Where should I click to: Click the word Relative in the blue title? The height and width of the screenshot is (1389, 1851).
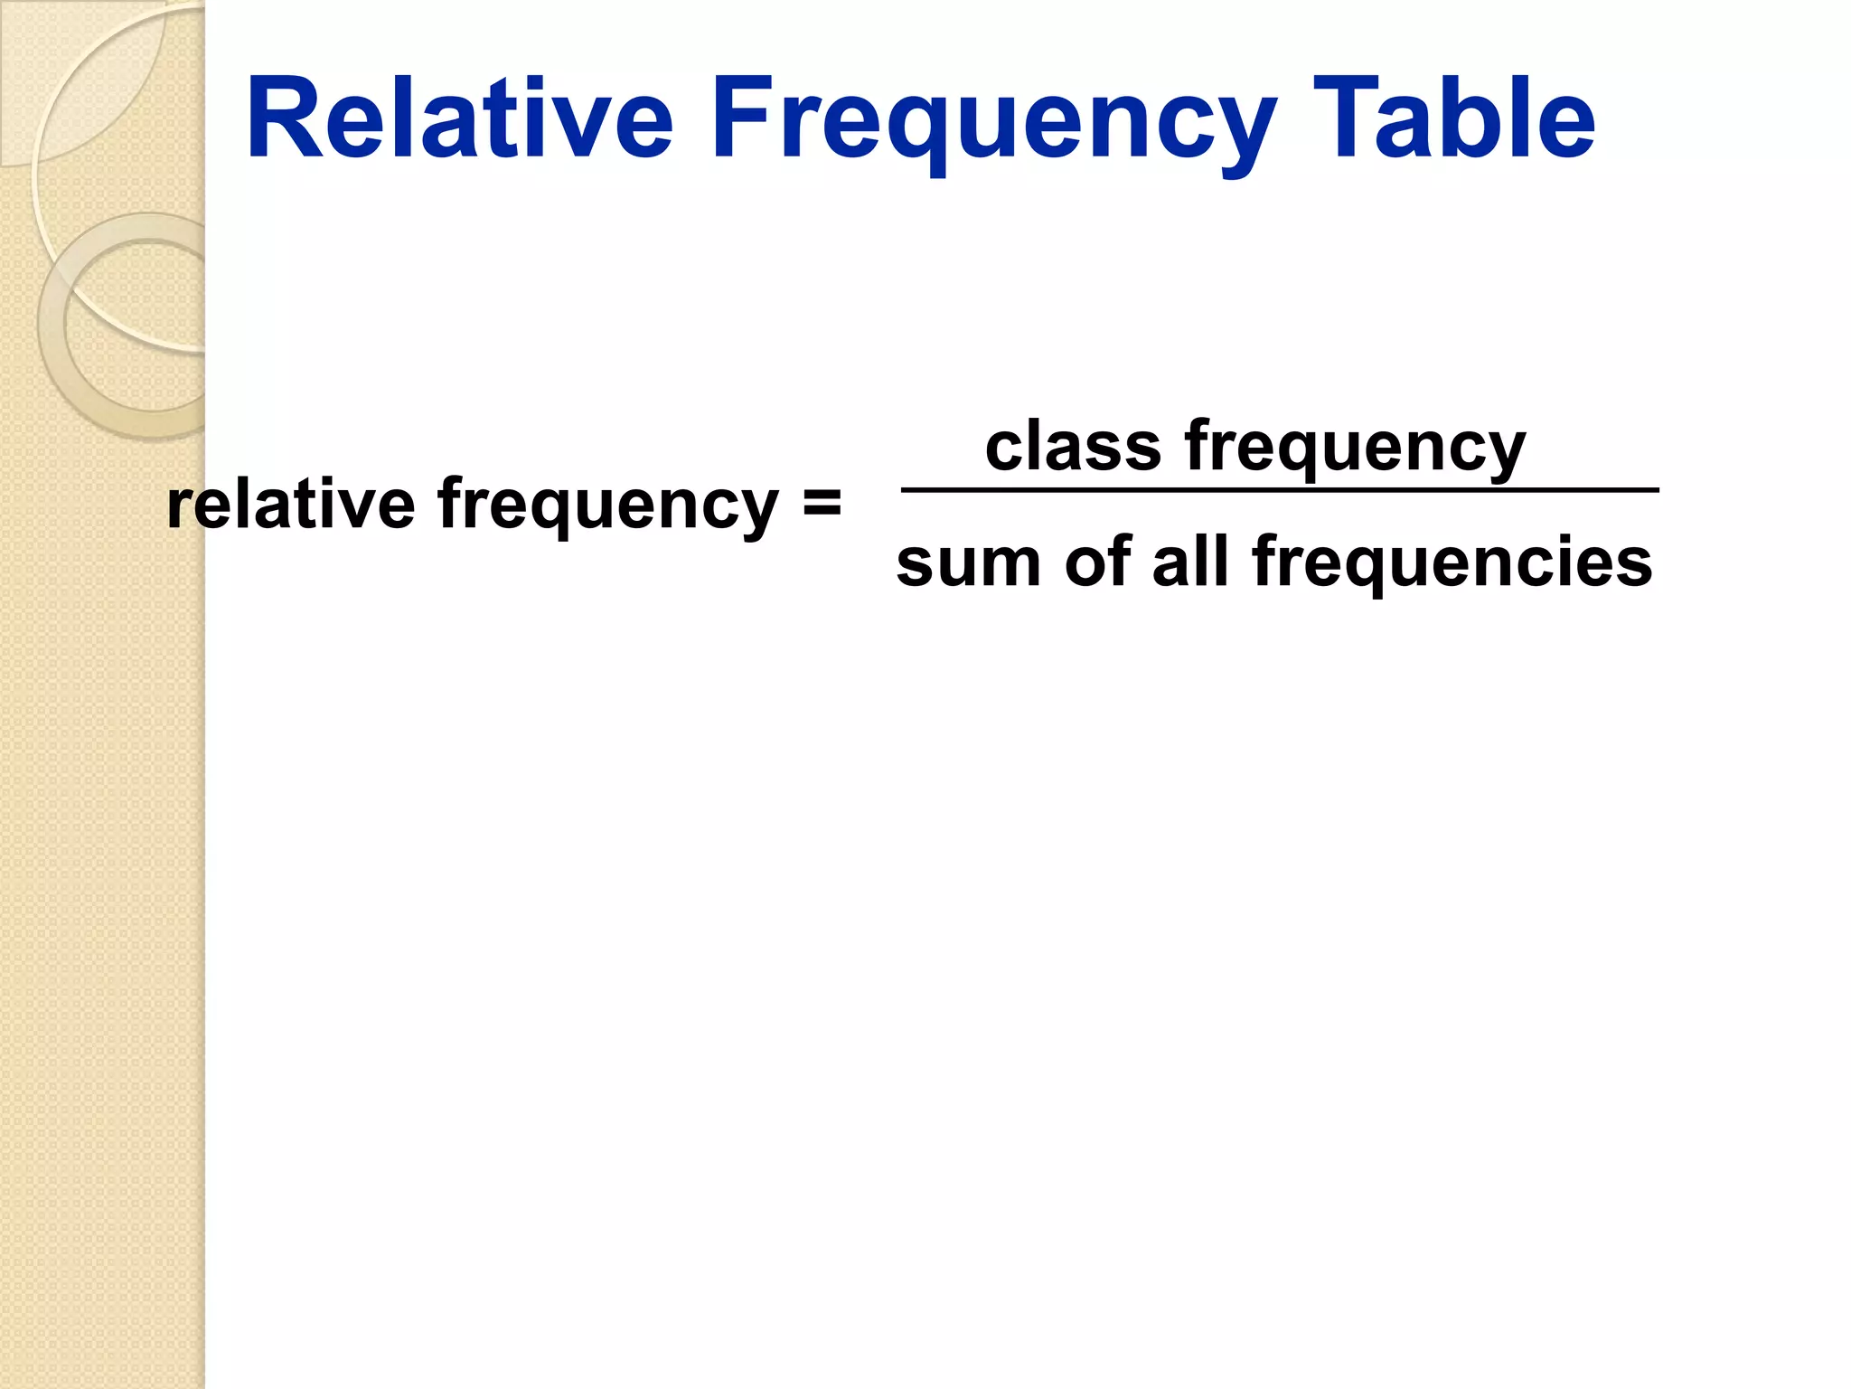pos(459,119)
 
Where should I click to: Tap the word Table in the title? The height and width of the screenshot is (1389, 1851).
pos(1453,119)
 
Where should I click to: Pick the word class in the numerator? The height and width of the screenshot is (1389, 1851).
pos(1072,446)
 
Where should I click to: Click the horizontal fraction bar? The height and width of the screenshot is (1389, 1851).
pos(1280,490)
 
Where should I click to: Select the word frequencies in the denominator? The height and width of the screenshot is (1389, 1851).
pos(1452,562)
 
